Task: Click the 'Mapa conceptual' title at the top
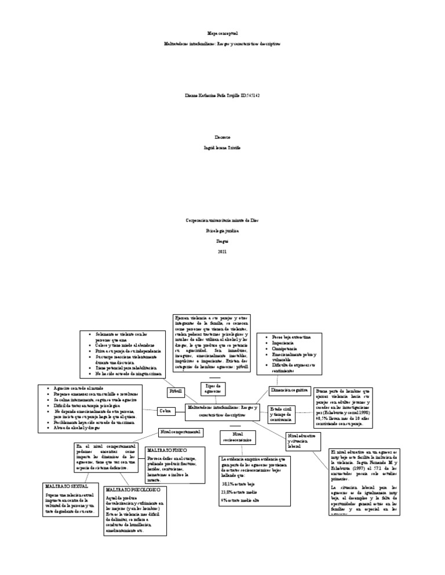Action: (x=222, y=34)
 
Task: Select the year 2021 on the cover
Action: (x=222, y=252)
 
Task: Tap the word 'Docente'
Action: (x=222, y=138)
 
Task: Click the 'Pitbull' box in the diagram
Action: (x=176, y=392)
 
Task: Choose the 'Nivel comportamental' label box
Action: (x=180, y=432)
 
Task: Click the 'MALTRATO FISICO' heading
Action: (x=166, y=449)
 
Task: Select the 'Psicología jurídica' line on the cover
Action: (x=222, y=230)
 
